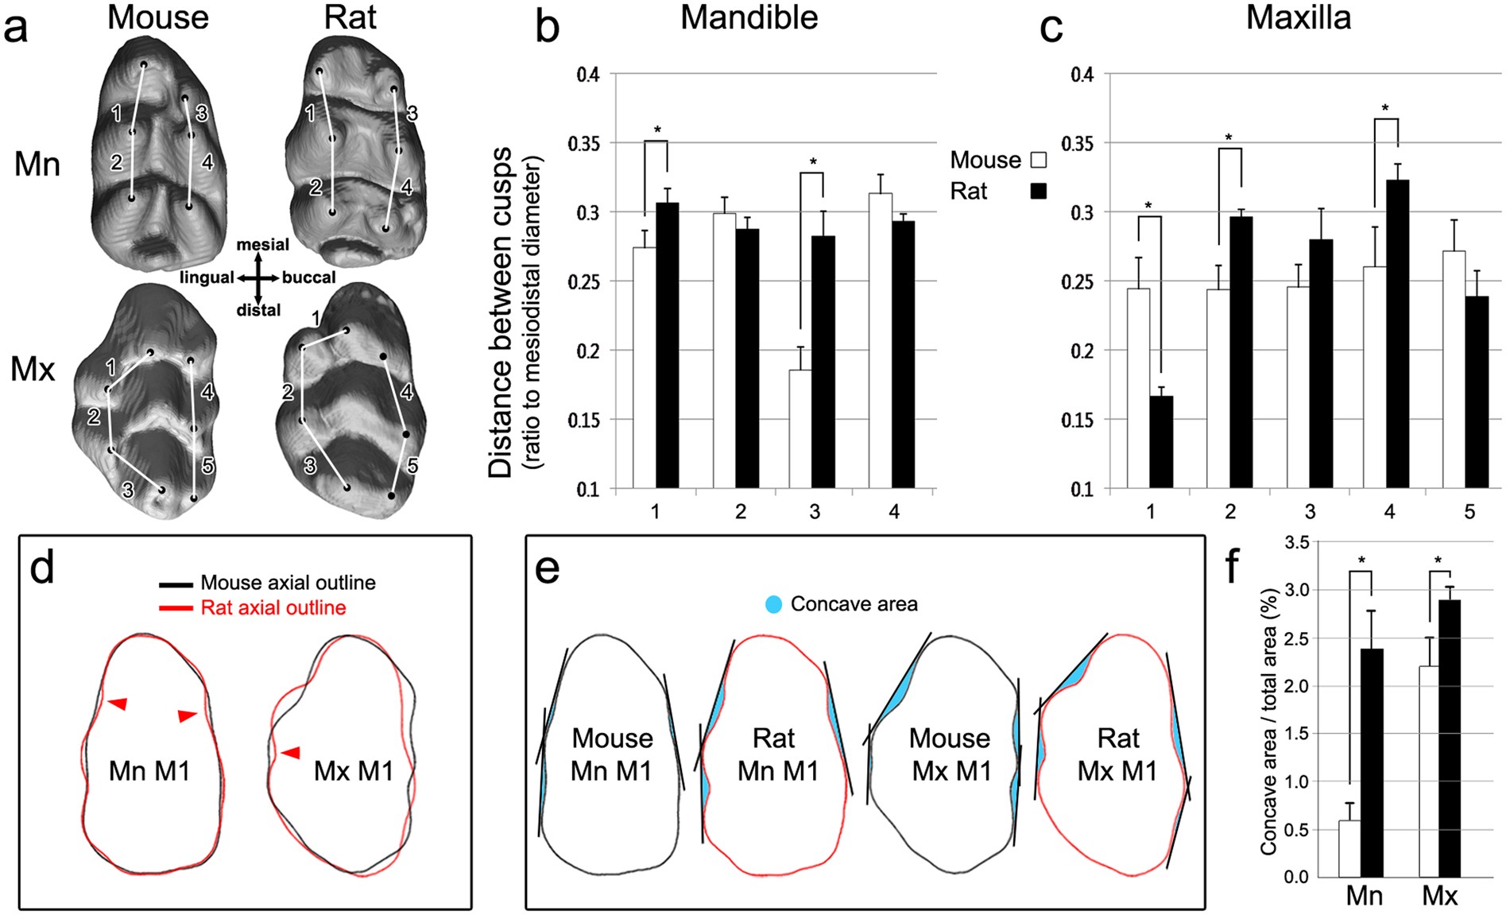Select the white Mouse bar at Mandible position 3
pos(800,429)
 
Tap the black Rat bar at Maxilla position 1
pos(1161,442)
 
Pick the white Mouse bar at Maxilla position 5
pos(1454,370)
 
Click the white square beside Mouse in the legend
pos(1038,161)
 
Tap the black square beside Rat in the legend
pos(1038,191)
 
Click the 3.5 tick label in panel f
pos(1296,543)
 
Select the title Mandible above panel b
pos(749,17)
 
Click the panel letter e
pos(548,569)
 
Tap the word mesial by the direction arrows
pos(262,245)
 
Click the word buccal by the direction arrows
pos(309,277)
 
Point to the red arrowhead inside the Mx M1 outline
pos(291,752)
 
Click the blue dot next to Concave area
pos(772,604)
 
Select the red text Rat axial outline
pos(273,608)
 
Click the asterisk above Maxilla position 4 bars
pos(1385,108)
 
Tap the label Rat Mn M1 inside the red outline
pos(776,754)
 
